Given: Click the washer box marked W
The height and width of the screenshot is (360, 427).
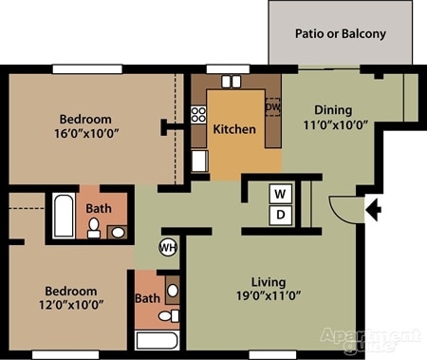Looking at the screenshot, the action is point(281,194).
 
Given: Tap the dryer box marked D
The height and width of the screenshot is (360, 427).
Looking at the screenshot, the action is point(281,216).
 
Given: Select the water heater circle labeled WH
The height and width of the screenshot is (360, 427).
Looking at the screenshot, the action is point(168,247).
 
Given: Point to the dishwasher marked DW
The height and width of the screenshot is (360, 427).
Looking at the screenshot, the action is point(272,107).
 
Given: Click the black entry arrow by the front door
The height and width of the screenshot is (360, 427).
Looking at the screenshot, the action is point(373,209).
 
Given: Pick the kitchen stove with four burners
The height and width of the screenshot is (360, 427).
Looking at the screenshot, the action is point(198,115).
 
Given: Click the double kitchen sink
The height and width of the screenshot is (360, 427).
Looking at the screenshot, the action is point(232,82).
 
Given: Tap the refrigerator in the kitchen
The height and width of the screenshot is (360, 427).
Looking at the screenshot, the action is point(200,161).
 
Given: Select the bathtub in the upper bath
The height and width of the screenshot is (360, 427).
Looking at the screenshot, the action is point(64,216).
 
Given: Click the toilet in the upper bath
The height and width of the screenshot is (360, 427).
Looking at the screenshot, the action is point(94,228).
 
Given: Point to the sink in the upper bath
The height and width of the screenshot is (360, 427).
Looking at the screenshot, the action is point(118,233).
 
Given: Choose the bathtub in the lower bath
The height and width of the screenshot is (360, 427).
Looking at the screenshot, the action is point(158,340).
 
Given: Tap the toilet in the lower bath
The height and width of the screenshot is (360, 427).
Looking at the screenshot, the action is point(169,315).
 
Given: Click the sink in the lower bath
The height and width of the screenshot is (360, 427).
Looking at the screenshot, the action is point(173,290).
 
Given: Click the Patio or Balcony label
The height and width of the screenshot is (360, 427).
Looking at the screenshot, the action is point(341,33).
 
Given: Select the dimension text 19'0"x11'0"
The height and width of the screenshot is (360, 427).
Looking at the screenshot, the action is point(269,296).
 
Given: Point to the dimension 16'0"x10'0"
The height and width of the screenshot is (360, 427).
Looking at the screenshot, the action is point(86,134).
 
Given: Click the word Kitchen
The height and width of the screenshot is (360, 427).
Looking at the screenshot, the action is point(234,129).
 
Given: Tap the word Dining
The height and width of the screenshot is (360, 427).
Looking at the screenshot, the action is point(333,110).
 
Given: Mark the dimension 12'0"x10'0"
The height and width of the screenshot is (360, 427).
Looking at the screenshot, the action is point(71,305).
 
